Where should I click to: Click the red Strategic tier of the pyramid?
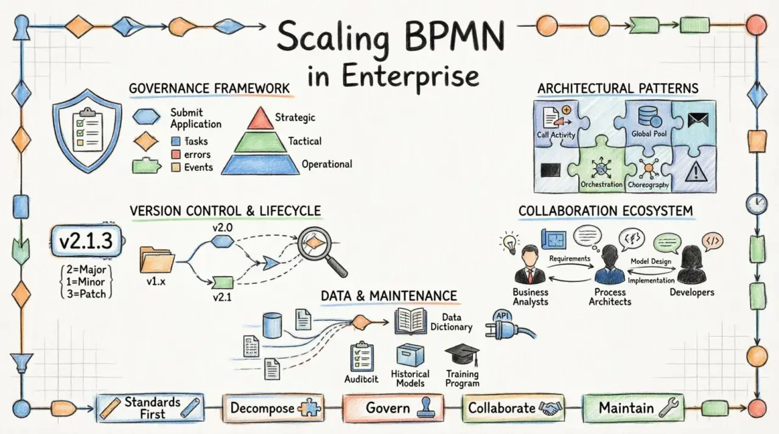click(260, 120)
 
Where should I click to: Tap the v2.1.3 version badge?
click(86, 241)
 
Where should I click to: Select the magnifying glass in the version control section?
click(321, 250)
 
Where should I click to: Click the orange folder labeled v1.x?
click(157, 260)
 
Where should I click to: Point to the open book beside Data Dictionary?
click(410, 322)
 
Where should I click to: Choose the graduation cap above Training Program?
click(463, 355)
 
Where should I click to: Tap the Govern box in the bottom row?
click(393, 408)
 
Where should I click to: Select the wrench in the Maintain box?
click(668, 408)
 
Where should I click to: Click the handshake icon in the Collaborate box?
click(550, 408)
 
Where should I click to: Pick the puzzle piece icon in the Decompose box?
click(309, 407)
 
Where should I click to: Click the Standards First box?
click(150, 408)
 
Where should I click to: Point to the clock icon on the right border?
click(756, 204)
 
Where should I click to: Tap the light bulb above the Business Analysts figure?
click(510, 243)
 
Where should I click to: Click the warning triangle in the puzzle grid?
click(696, 171)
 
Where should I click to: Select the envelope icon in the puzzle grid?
click(698, 120)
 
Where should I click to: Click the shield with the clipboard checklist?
click(87, 131)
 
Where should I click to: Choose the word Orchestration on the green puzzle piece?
click(601, 184)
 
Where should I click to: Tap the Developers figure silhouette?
click(691, 266)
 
